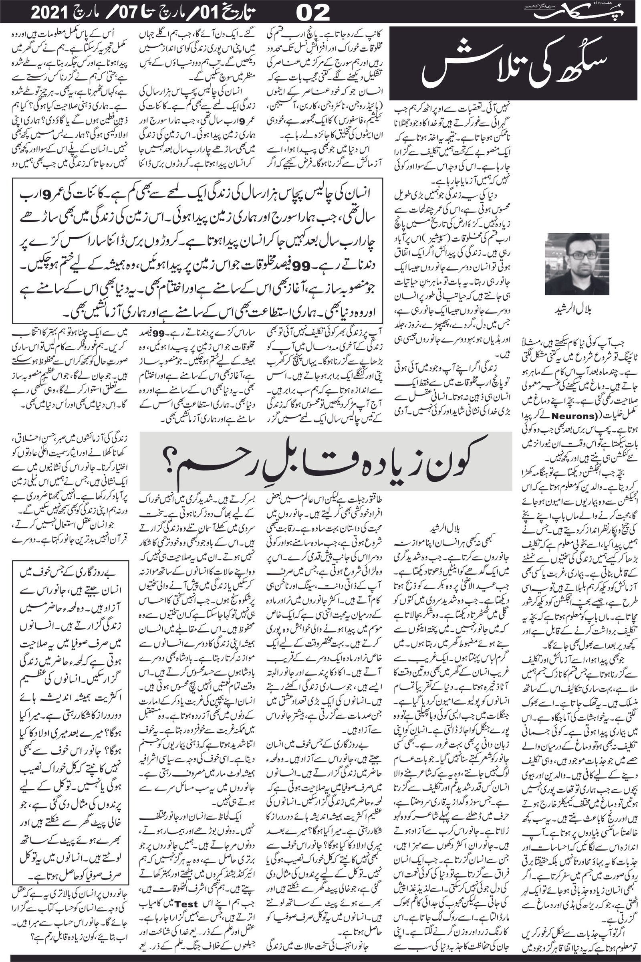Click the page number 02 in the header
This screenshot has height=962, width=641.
point(313,13)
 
